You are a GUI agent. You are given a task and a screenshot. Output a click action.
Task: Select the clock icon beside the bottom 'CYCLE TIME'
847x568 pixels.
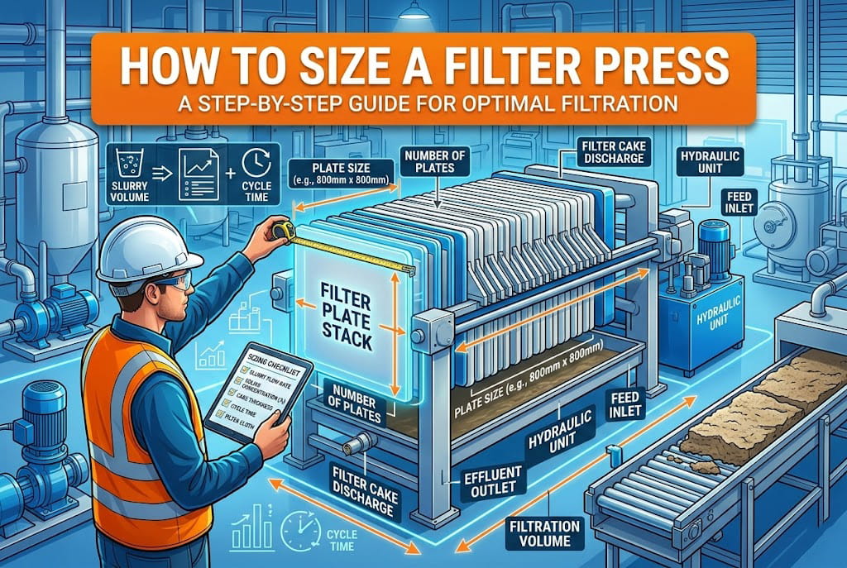[x=296, y=528]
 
